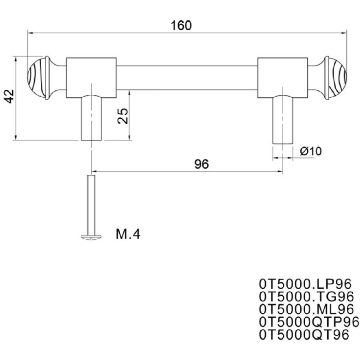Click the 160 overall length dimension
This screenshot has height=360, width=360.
181,26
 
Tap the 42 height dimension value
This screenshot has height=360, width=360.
10,96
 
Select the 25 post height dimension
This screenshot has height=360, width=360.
122,116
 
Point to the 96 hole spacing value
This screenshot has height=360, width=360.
202,164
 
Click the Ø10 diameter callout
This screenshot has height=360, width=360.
311,151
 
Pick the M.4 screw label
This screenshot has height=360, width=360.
128,234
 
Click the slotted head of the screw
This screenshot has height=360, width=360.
91,237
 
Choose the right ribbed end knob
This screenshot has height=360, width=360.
336,78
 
